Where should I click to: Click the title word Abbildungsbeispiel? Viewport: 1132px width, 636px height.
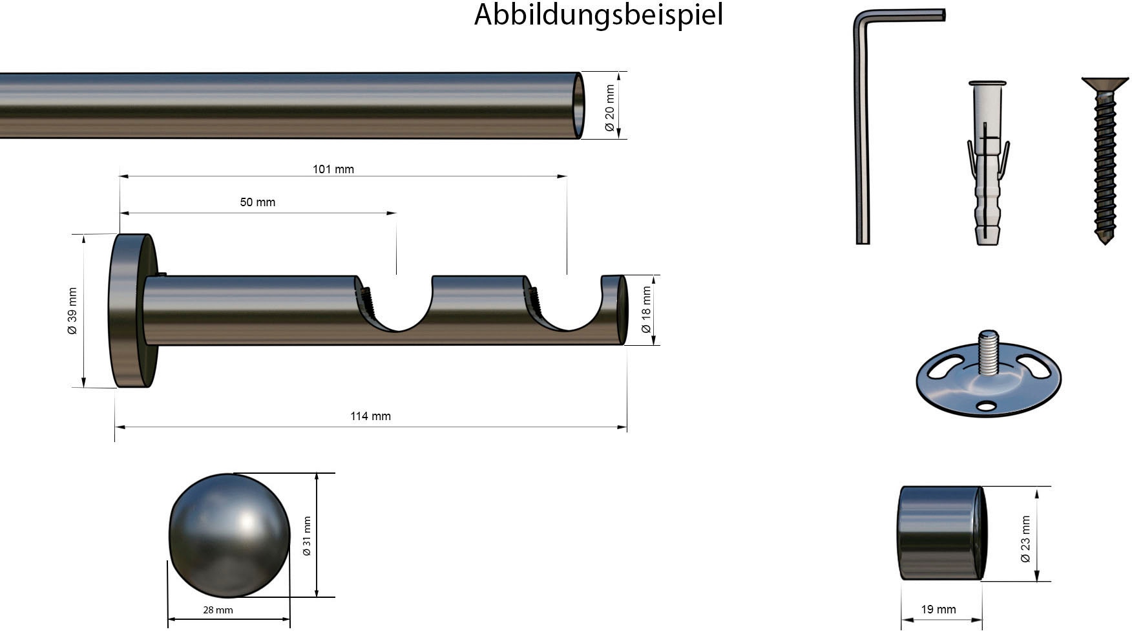coord(598,15)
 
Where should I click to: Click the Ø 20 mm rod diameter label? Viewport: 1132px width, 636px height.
coord(609,107)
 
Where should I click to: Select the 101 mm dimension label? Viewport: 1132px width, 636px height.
coord(333,169)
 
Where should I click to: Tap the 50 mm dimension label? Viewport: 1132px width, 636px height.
coord(257,202)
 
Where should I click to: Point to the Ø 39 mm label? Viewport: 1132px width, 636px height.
coord(72,311)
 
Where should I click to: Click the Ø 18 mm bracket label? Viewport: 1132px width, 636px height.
coord(645,310)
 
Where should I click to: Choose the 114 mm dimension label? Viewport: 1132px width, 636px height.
coord(370,416)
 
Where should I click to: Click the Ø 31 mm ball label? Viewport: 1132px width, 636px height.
coord(307,536)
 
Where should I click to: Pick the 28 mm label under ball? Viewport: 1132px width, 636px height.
coord(218,610)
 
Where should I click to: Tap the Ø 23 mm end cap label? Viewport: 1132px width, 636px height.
coord(1025,538)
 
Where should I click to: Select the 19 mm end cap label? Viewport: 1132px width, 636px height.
coord(938,609)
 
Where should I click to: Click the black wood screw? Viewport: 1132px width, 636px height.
coord(1105,162)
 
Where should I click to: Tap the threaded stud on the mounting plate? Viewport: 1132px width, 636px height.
coord(988,352)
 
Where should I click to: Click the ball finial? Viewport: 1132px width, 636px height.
coord(229,535)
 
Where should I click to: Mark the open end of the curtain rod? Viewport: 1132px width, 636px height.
coord(579,105)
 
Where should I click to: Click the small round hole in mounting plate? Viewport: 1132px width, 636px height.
coord(987,406)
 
